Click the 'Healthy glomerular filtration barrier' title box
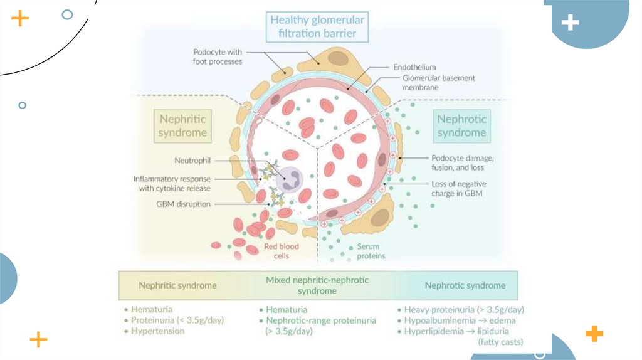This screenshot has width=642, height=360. tap(317, 27)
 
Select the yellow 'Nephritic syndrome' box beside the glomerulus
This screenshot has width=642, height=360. tap(182, 125)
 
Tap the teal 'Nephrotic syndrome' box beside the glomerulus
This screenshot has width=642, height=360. tap(461, 125)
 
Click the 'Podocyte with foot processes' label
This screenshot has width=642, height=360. tap(218, 56)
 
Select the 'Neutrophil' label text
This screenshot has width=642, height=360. tap(192, 161)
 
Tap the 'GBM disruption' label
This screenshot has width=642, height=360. tap(183, 204)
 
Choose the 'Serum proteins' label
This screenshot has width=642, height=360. tap(371, 251)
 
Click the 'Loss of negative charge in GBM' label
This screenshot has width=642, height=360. tap(458, 189)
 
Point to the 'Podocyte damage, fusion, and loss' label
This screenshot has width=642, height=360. tap(462, 162)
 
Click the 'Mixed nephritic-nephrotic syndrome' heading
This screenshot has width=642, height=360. tap(317, 285)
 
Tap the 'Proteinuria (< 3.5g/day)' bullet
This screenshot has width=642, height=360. tap(177, 320)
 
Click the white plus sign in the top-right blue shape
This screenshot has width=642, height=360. tap(570, 24)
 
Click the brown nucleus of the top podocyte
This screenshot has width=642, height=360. tap(339, 59)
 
